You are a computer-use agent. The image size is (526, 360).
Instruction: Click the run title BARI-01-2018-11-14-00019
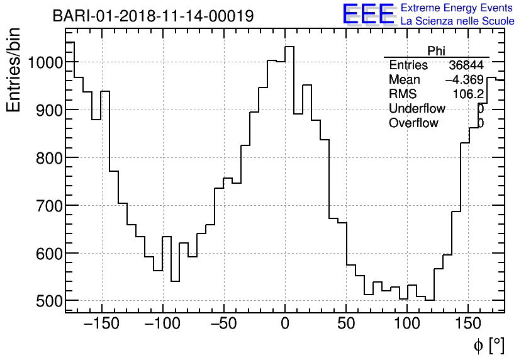153,16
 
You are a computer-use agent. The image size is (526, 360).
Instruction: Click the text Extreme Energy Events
457,8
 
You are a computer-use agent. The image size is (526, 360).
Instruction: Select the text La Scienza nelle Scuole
457,21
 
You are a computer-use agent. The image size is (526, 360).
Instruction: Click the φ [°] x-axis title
489,345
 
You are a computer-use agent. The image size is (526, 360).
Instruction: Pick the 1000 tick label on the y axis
41,62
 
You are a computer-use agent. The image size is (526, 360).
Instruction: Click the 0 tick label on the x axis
285,323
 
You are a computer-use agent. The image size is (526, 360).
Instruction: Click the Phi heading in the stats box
436,51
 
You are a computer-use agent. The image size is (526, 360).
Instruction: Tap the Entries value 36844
466,65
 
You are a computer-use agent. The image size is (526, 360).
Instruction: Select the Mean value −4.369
464,80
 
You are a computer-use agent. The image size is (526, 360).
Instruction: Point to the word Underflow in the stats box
417,109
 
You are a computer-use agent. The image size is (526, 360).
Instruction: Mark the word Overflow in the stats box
413,123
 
